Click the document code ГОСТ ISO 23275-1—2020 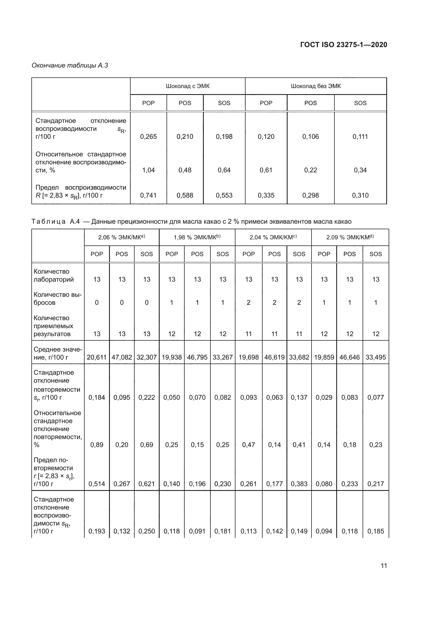[343, 45]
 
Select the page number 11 [384, 566]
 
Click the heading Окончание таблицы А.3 [70, 65]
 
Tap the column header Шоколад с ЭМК [188, 86]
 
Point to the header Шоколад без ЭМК [316, 86]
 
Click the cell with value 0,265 [148, 136]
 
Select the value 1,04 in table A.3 [148, 170]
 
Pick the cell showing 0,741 [148, 195]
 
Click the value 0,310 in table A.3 [360, 195]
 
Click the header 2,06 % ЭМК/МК [121, 237]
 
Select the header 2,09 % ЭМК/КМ [350, 237]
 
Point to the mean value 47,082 [122, 357]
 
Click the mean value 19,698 [248, 357]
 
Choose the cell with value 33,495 [376, 357]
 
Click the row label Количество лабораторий [53, 275]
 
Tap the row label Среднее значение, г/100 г [57, 353]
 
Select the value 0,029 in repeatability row [324, 397]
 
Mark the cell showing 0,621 [147, 484]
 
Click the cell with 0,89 [97, 445]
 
